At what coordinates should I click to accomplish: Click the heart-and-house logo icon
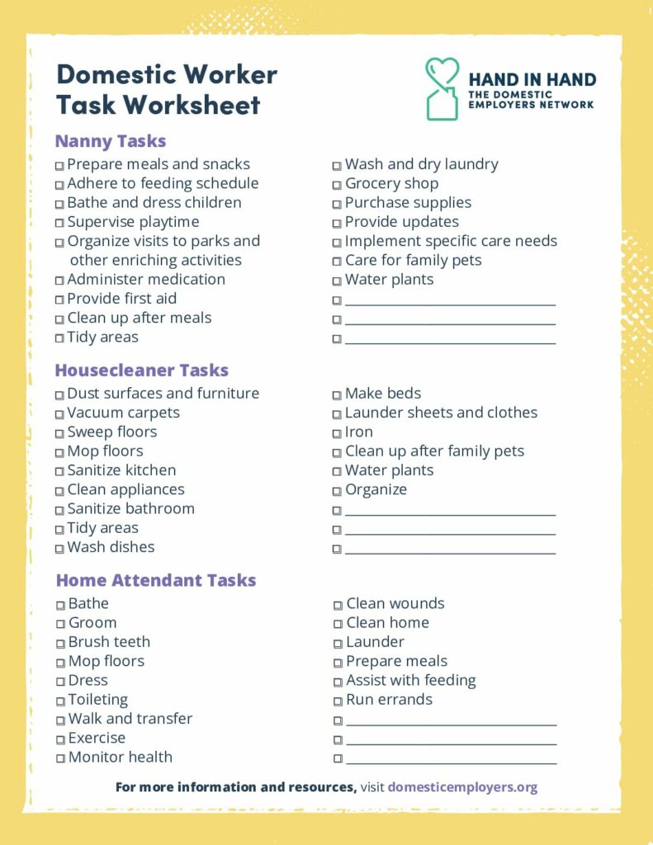point(442,88)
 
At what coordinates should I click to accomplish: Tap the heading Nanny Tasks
point(111,141)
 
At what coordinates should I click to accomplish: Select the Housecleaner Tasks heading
point(141,371)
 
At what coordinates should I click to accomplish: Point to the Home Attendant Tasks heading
point(156,581)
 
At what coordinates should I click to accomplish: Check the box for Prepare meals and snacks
point(59,166)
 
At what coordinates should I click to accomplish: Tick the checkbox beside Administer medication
point(59,281)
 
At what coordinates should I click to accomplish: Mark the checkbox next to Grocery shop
point(338,185)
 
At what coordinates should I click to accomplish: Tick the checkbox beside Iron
point(338,433)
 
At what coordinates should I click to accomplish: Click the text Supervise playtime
point(133,222)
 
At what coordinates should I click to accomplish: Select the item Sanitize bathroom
point(130,509)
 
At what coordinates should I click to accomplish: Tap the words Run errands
point(389,700)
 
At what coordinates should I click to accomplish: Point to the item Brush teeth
point(109,642)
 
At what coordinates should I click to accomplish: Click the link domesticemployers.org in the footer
point(462,787)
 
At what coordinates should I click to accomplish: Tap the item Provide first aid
point(121,299)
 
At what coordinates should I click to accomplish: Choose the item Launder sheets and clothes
point(441,413)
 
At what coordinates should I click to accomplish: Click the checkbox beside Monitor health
point(61,758)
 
